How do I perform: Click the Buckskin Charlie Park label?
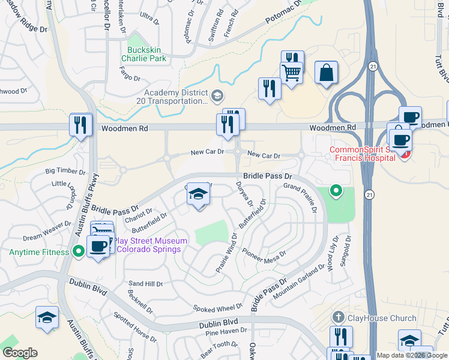143,54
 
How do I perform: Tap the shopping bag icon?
326,73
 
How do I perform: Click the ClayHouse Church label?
382,318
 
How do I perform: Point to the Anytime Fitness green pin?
78,251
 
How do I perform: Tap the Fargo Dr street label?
129,78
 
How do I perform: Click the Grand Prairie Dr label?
300,197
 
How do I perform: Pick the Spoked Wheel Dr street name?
217,308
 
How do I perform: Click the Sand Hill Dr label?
146,283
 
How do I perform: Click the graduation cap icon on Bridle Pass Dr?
199,195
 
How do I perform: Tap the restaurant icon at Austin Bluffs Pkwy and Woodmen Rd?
80,125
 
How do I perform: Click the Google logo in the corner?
20,352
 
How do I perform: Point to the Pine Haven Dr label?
226,331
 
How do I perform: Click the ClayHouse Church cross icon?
339,317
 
